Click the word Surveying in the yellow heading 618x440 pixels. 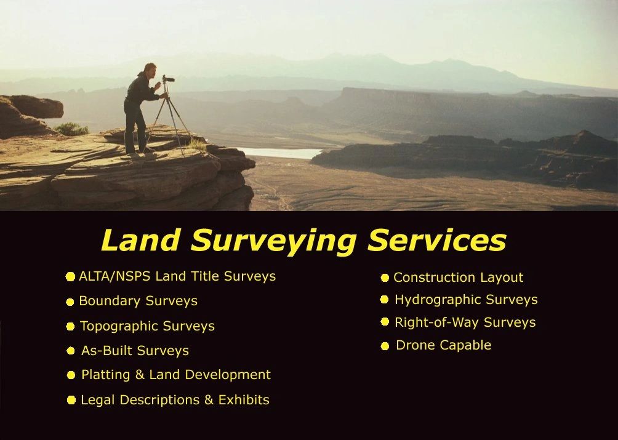tap(274, 241)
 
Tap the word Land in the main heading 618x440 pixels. tap(142, 241)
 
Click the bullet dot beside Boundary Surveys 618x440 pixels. tap(70, 302)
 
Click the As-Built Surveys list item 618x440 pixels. tap(135, 351)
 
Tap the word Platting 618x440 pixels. tap(105, 375)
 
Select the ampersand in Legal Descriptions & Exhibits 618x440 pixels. tap(208, 400)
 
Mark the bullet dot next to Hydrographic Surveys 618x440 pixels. tap(384, 300)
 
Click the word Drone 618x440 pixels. tap(414, 345)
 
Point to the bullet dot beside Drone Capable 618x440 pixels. tap(385, 346)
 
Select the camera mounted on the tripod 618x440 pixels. tap(167, 79)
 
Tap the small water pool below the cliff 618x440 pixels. tap(283, 153)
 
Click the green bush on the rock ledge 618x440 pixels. tap(71, 129)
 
